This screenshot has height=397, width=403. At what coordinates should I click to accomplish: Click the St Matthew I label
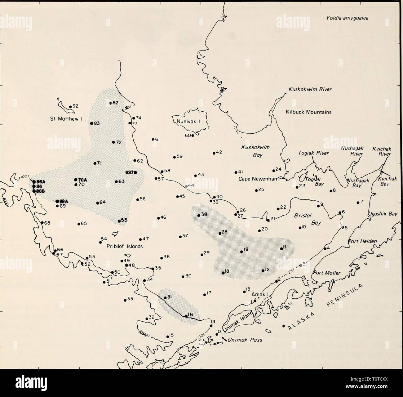pyautogui.click(x=65, y=118)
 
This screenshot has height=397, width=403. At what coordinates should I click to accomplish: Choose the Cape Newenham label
pyautogui.click(x=259, y=179)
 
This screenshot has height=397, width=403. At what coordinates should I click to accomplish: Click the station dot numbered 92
pyautogui.click(x=70, y=106)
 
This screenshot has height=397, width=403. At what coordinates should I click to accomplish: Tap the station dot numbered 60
pyautogui.click(x=193, y=135)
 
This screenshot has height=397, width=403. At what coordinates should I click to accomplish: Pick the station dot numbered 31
pyautogui.click(x=165, y=297)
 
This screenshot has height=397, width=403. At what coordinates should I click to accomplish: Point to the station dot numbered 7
pyautogui.click(x=358, y=203)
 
